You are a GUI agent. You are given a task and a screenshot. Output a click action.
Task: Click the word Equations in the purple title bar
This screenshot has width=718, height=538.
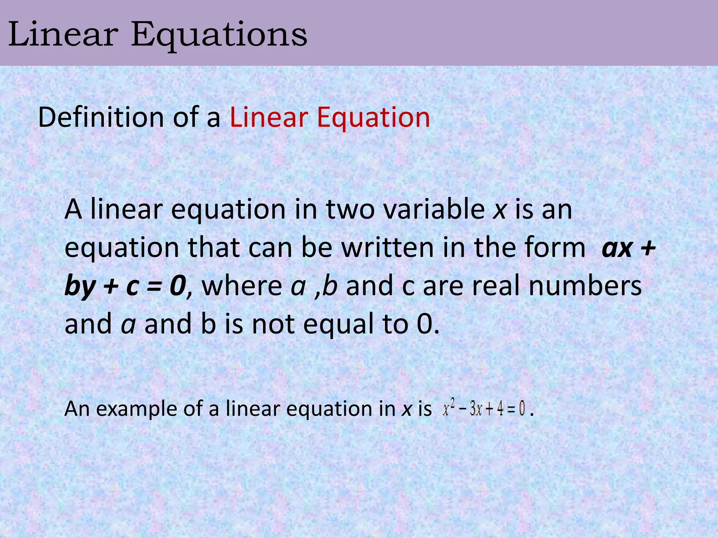219,35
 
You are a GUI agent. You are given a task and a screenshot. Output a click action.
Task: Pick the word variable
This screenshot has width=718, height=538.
434,209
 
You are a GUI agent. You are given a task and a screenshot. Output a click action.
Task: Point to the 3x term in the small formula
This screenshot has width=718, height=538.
475,409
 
